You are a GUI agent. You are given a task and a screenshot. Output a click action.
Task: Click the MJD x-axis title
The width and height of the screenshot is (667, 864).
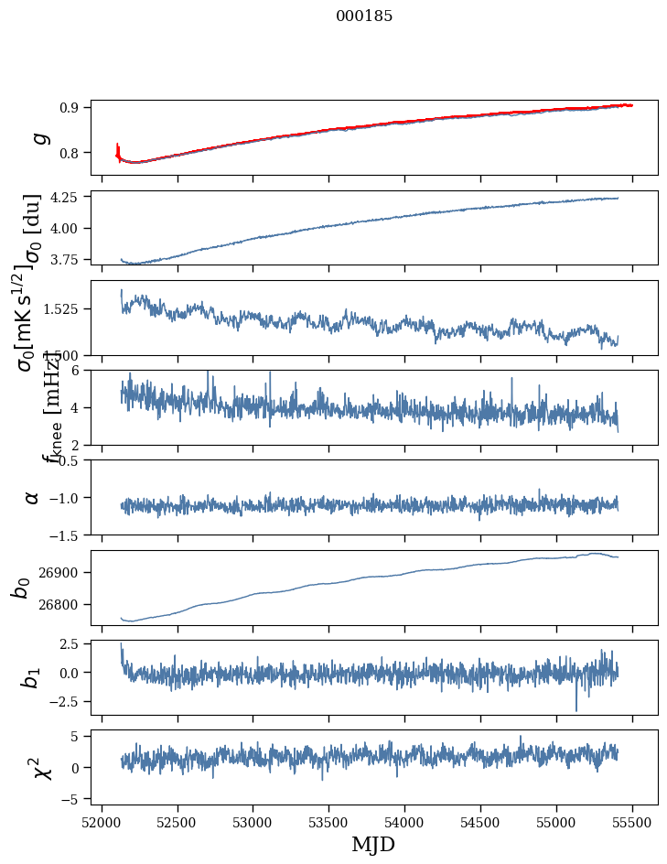[x=373, y=845]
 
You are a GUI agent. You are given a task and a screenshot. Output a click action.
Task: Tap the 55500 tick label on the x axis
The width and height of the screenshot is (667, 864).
[x=631, y=823]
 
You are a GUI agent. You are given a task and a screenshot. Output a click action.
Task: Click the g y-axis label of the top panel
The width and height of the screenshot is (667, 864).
[x=38, y=137]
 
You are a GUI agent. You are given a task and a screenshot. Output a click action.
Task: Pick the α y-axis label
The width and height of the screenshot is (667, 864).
[x=33, y=497]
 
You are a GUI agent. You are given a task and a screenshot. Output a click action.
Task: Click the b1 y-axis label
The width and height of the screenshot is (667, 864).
[x=31, y=678]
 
